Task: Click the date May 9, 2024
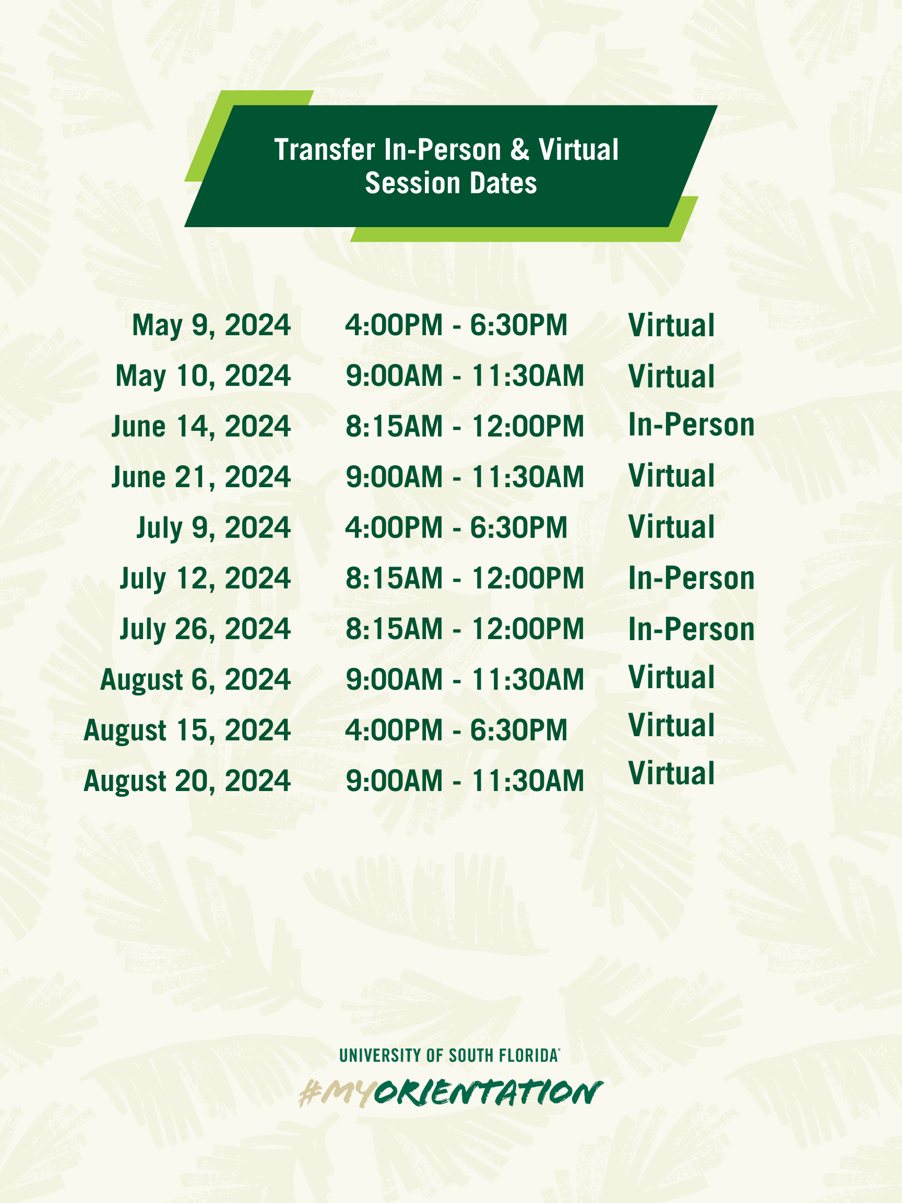tap(211, 326)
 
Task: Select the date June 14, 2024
tap(201, 427)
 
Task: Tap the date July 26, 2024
tap(206, 629)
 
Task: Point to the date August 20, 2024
tap(187, 781)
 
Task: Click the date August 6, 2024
tap(196, 680)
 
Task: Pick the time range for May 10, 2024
tap(465, 376)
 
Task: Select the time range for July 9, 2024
tap(456, 527)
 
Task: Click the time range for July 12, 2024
tap(465, 578)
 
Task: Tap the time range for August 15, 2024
tap(456, 730)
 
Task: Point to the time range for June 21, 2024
tap(465, 477)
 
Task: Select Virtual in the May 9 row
tap(671, 325)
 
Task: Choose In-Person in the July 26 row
tap(692, 629)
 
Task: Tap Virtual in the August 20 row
tap(671, 773)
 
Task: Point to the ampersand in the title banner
tap(520, 149)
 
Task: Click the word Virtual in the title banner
tap(578, 149)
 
